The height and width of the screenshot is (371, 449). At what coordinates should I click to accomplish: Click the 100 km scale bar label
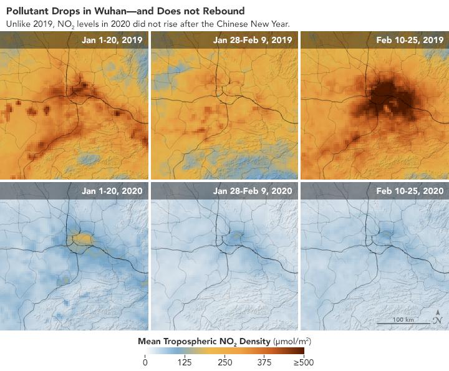pos(402,319)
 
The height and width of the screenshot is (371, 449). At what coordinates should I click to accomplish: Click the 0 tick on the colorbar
pos(145,363)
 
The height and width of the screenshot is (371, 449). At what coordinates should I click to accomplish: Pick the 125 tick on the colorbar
pos(184,363)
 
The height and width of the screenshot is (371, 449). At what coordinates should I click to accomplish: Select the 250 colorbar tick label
pos(224,363)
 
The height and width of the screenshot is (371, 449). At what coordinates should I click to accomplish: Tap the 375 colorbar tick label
pos(264,363)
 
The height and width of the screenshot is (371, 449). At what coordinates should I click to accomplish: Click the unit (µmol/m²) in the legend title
pos(291,341)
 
